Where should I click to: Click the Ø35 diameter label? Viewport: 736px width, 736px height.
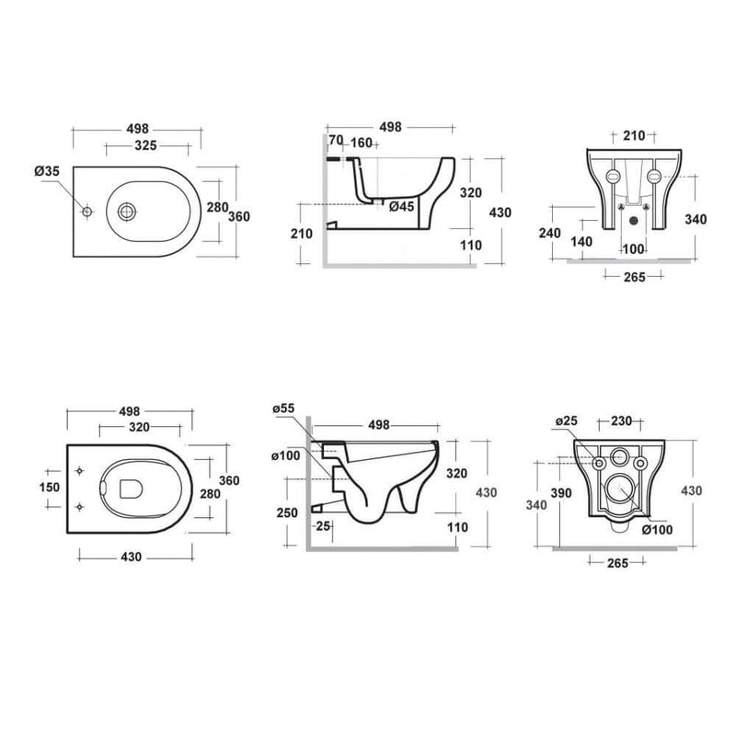(47, 171)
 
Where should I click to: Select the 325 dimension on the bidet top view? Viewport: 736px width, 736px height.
(145, 145)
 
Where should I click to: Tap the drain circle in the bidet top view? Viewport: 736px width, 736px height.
(127, 212)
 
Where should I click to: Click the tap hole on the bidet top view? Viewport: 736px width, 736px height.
(86, 212)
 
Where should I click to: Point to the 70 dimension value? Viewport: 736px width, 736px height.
(336, 140)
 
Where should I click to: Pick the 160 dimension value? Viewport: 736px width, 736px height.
(361, 143)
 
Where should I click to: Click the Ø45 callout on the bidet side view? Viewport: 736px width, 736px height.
(402, 206)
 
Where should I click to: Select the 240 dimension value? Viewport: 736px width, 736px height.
(549, 233)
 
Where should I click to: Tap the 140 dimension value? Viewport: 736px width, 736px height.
(581, 242)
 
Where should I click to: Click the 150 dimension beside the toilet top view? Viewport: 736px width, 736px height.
(50, 488)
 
